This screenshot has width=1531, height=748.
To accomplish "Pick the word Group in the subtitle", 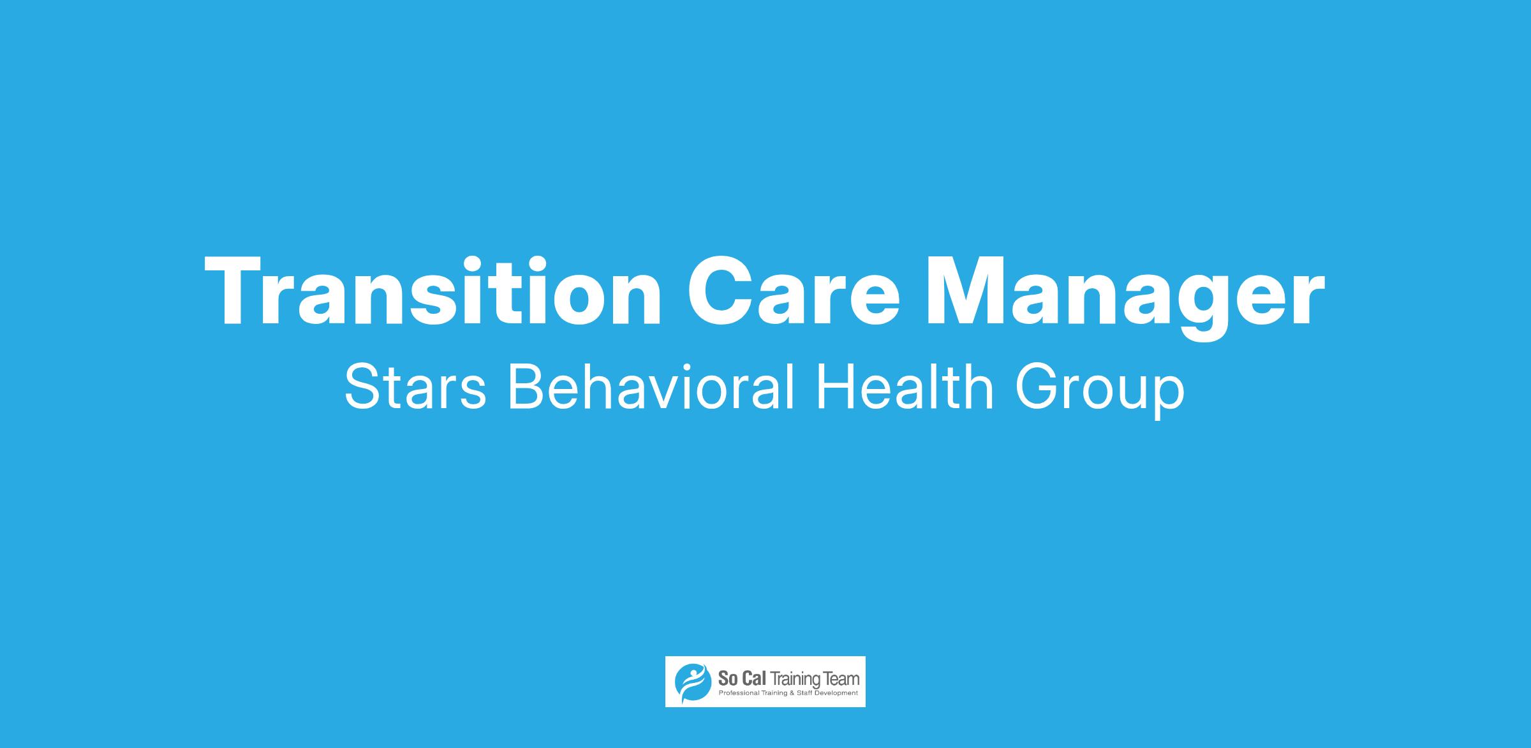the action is (1100, 392).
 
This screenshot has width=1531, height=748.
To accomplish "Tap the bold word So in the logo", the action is (728, 678).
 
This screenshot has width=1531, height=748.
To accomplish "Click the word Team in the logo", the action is (841, 678).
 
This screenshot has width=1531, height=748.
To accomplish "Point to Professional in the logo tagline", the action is (739, 693).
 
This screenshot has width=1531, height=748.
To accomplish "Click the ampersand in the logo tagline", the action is (792, 693).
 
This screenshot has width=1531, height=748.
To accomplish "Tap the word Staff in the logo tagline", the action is (805, 693).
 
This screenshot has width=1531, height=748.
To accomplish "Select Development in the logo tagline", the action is (836, 694).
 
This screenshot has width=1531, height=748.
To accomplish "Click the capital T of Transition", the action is (236, 291).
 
